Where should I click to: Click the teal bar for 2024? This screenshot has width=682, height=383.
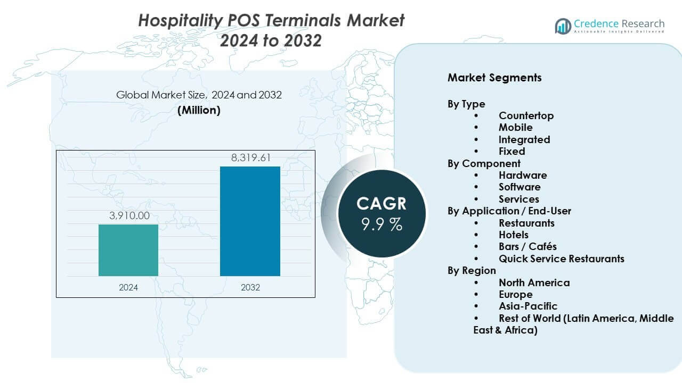tap(128, 250)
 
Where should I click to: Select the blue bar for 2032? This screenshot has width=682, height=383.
tap(250, 221)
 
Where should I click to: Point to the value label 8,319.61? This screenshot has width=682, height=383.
tap(250, 157)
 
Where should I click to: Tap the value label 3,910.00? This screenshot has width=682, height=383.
tap(128, 215)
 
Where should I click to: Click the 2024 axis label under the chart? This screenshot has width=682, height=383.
tap(128, 287)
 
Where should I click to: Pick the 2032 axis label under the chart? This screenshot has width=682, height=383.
tap(250, 287)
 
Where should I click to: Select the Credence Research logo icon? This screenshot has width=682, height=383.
tap(563, 26)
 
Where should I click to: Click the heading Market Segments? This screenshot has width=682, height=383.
tap(494, 78)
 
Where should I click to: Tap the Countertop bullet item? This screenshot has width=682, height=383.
tap(526, 115)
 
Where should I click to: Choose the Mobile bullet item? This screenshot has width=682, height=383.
tap(515, 128)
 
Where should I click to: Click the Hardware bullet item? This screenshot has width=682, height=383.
tap(523, 175)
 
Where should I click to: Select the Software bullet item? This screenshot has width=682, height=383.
tap(519, 187)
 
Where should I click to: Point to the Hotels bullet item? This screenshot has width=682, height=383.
tap(514, 235)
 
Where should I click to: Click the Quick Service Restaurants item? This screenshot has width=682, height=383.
tap(561, 259)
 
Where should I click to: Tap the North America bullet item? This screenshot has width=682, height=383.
tap(534, 282)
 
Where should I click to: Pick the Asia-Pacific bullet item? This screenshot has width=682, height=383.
tap(527, 306)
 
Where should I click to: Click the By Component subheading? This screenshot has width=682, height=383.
tap(484, 163)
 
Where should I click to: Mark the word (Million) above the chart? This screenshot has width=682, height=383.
tap(199, 110)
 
